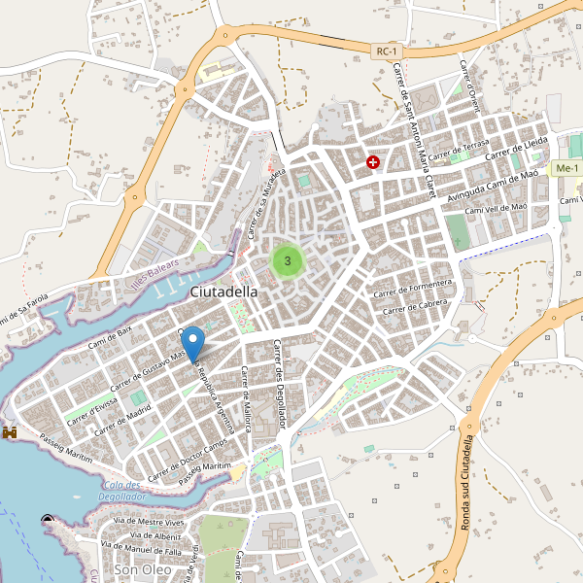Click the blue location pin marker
pyautogui.click(x=194, y=344)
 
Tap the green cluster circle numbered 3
pyautogui.click(x=288, y=260)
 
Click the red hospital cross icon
pyautogui.click(x=372, y=162)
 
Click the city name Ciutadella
pyautogui.click(x=224, y=291)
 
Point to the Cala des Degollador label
pyautogui.click(x=121, y=491)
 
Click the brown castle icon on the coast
pyautogui.click(x=12, y=430)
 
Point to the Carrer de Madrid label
pyautogui.click(x=124, y=413)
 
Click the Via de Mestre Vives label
pyautogui.click(x=149, y=523)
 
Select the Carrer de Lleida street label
pyautogui.click(x=517, y=149)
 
